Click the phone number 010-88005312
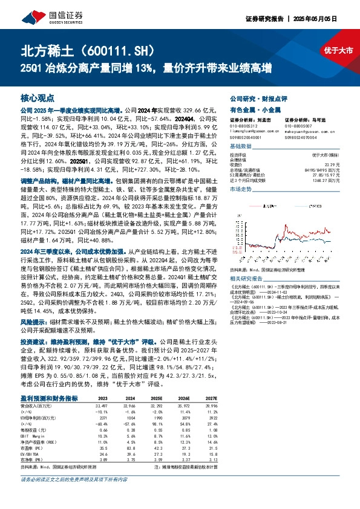[244, 125]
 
